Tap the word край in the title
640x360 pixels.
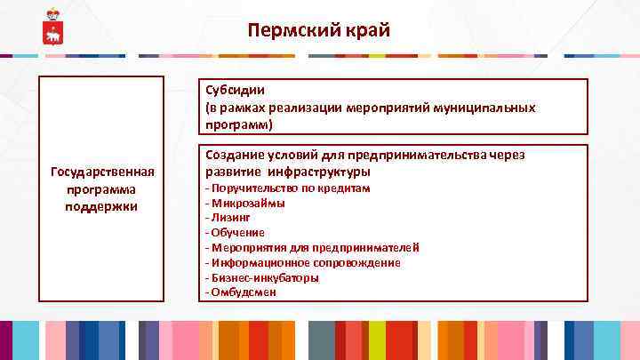tap(366, 31)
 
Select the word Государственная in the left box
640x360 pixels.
tap(102, 172)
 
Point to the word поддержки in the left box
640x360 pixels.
tap(102, 205)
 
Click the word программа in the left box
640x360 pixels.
tap(102, 188)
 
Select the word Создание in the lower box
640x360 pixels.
tap(234, 155)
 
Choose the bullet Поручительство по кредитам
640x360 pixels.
tap(288, 188)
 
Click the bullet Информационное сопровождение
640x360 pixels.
tap(302, 262)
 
